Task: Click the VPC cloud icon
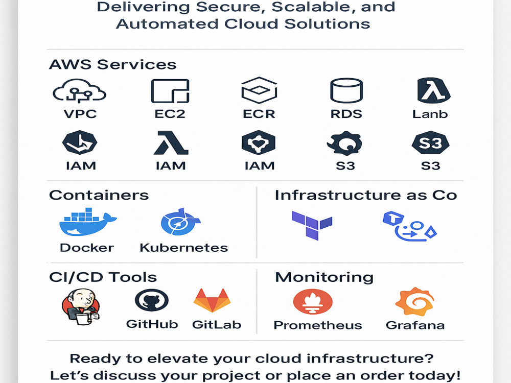pos(79,90)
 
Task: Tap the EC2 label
pos(170,114)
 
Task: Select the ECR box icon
pos(259,90)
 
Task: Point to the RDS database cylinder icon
pos(346,90)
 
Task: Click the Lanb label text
pos(430,114)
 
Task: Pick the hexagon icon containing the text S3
pos(430,142)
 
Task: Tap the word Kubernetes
pos(184,248)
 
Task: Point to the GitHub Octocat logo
pos(152,300)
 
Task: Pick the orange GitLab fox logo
pos(212,300)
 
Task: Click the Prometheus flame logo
pos(313,302)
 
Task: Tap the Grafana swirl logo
pos(414,302)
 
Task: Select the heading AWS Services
pos(113,64)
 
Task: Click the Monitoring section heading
pos(324,277)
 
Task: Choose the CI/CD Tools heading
pos(103,277)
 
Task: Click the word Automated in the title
pos(167,24)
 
